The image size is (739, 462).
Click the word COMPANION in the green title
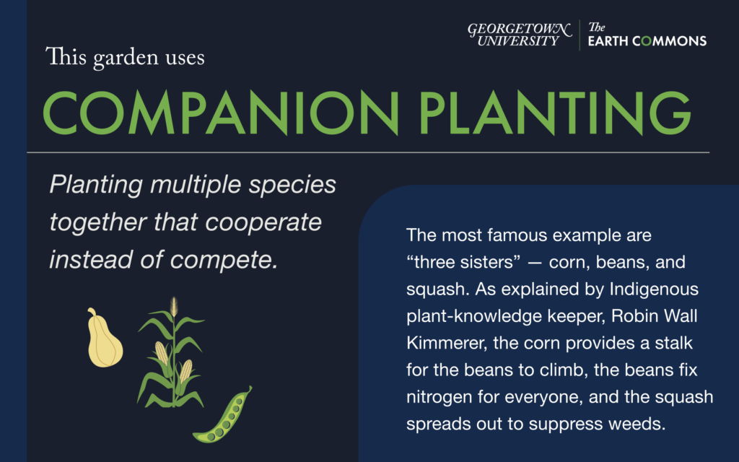click(221, 113)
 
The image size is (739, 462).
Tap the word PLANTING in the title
click(555, 113)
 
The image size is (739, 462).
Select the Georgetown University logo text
click(520, 35)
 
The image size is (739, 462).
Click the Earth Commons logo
click(647, 35)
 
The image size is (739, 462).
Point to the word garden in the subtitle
click(126, 58)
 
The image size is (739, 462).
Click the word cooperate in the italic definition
click(263, 222)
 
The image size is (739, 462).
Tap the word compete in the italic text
click(224, 261)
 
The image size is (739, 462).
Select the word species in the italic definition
click(292, 185)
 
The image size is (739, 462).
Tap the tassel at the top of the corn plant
click(174, 306)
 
